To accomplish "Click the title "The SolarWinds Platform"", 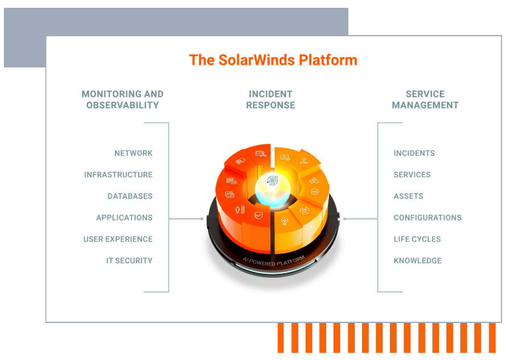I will [273, 60].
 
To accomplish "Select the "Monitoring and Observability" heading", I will [123, 99].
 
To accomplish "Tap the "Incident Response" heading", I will [271, 99].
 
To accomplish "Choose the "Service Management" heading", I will [425, 99].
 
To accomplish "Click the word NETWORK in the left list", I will [134, 154].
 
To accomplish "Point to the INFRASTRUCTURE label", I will [119, 175].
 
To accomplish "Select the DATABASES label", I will [130, 197].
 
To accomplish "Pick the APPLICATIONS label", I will [125, 218].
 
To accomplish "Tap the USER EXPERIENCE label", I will [118, 239].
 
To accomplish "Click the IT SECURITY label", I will [130, 261].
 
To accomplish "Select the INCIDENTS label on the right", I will [414, 154].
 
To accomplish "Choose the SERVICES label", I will [412, 175].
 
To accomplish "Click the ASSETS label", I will [408, 197].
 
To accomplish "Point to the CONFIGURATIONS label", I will [428, 218].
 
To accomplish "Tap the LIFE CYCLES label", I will [417, 239].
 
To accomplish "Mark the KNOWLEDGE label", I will [417, 261].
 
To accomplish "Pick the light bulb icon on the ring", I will [283, 221].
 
